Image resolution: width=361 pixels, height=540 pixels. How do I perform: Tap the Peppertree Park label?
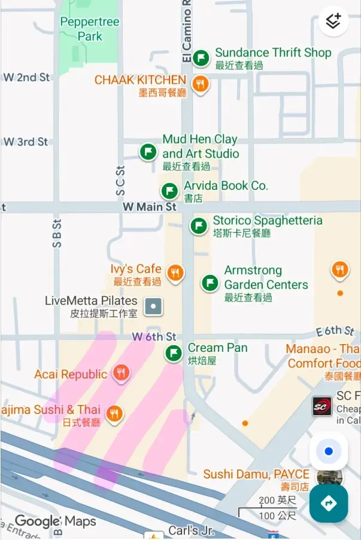(90, 29)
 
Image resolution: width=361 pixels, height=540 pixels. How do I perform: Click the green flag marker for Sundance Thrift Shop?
(201, 57)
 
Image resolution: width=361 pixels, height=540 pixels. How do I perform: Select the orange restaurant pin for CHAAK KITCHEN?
(201, 84)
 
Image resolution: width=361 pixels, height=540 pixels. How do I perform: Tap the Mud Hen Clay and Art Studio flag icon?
(148, 152)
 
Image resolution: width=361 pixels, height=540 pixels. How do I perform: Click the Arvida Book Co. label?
(226, 186)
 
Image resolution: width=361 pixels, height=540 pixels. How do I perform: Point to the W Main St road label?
(150, 207)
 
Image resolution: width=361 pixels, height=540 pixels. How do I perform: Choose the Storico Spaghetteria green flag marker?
(199, 226)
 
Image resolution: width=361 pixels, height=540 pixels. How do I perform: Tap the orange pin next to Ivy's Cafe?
(175, 273)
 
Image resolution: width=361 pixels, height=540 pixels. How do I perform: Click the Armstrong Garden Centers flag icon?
(210, 283)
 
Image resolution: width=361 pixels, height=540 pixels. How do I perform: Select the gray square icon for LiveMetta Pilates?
(154, 307)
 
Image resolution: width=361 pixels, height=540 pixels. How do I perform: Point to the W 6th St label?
(154, 337)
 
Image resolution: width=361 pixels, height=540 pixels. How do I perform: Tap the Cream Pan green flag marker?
(174, 353)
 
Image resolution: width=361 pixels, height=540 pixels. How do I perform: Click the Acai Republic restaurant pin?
(122, 373)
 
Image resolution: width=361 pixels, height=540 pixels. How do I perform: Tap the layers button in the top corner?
(333, 22)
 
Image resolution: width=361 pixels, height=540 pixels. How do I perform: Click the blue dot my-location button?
(329, 452)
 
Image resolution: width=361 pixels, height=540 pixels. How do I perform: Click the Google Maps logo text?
(55, 521)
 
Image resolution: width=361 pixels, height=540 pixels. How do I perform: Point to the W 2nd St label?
(27, 78)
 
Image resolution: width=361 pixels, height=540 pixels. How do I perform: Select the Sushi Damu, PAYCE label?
(256, 474)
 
